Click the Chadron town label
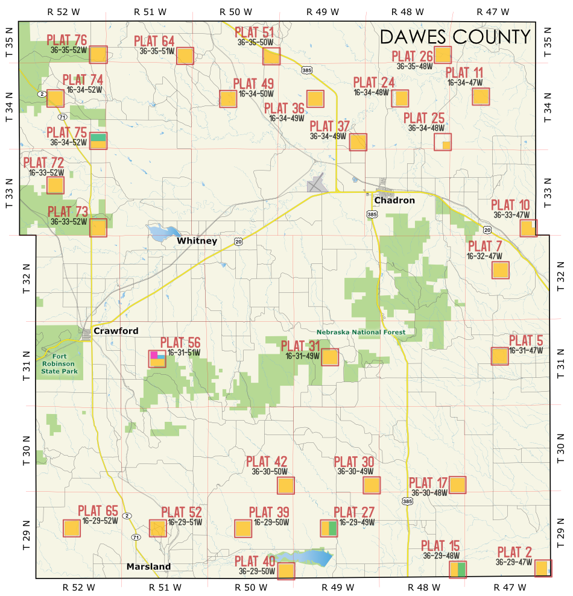(394, 200)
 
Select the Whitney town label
(197, 240)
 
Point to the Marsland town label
(148, 566)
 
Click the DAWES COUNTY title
(455, 37)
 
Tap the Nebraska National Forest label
(361, 332)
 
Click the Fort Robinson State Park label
(60, 363)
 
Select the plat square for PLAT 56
(157, 359)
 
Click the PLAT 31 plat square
(330, 357)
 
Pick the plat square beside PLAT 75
(98, 141)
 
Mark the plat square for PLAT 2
(543, 568)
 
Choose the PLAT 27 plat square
(329, 529)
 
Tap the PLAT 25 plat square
(443, 142)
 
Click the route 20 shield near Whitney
(239, 242)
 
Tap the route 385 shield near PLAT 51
(306, 71)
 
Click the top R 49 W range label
(323, 11)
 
